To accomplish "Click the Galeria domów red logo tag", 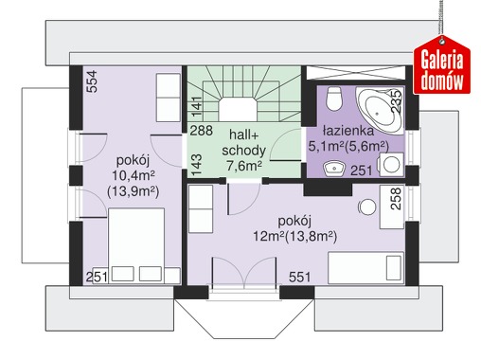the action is click(442, 65).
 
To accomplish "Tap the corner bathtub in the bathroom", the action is click(380, 110).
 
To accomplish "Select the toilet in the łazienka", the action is click(334, 99).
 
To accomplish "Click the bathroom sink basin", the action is click(334, 168).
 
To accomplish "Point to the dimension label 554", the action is click(92, 81).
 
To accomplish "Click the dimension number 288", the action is click(201, 130).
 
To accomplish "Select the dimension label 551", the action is click(299, 277).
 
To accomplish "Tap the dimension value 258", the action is click(396, 199).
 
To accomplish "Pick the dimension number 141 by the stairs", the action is click(196, 106).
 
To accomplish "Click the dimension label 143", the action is click(196, 165).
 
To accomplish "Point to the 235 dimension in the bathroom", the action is click(397, 101).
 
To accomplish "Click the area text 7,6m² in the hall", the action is click(244, 166).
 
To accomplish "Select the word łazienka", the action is click(348, 130).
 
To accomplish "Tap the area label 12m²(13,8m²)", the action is click(295, 236).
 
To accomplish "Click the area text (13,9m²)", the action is click(133, 191).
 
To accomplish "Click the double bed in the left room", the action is click(136, 245).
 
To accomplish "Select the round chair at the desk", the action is click(367, 207).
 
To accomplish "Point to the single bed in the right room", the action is click(366, 268).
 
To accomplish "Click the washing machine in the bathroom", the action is click(391, 165).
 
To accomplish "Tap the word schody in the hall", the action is click(243, 151).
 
